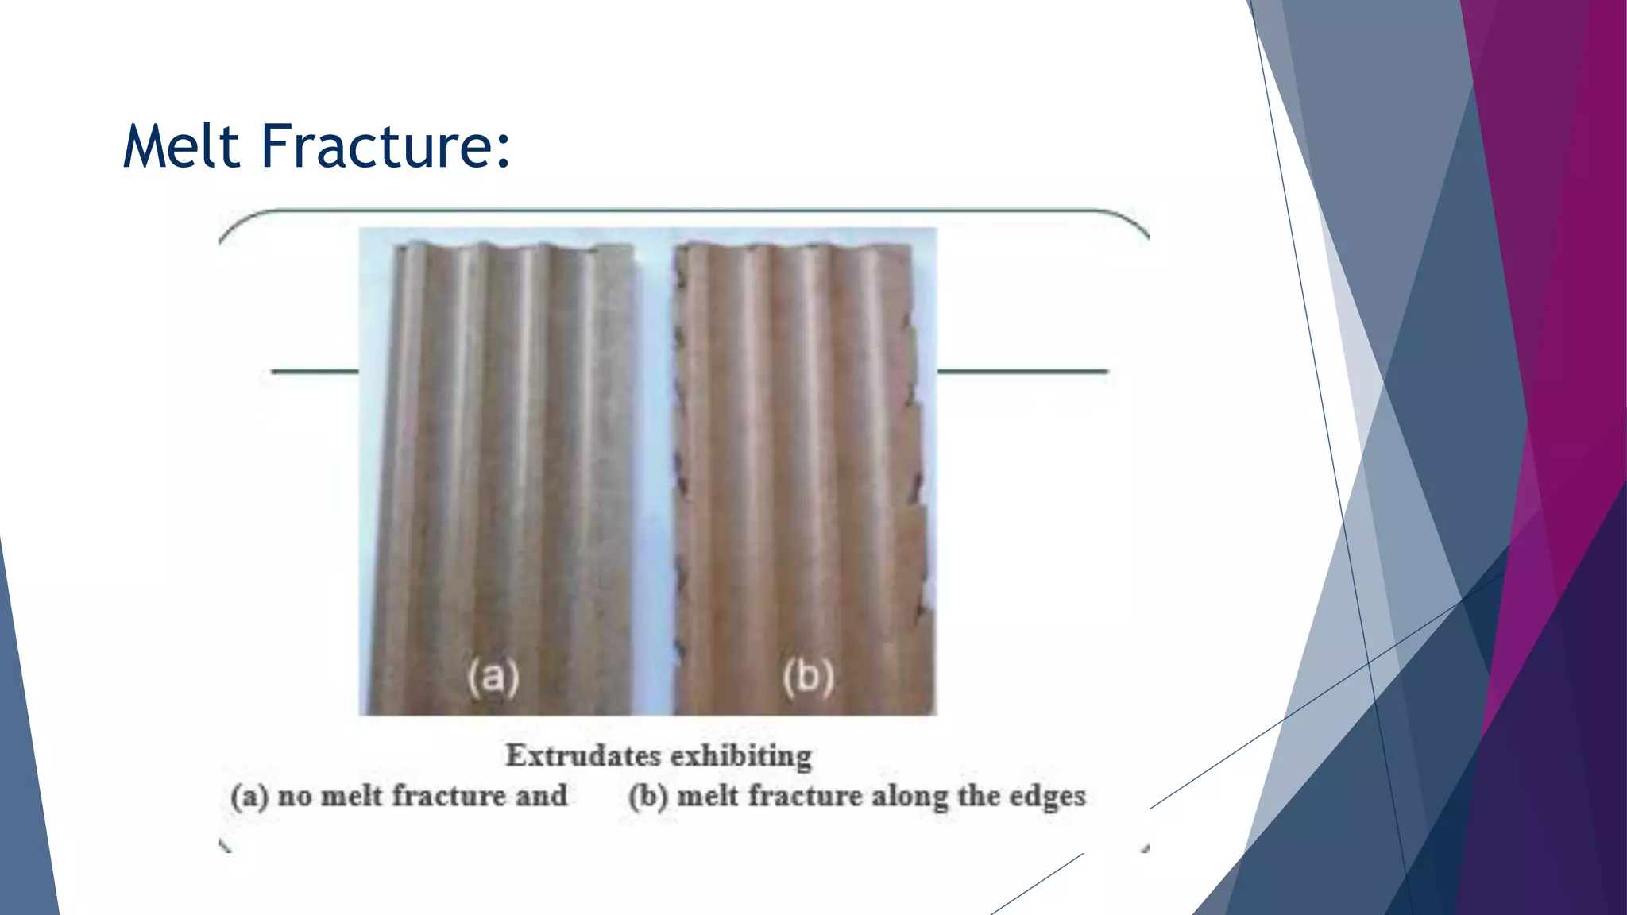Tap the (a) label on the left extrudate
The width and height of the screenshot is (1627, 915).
493,677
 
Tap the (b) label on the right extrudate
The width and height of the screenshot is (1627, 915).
808,677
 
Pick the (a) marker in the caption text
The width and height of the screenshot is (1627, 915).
249,797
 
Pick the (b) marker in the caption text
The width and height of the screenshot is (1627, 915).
648,797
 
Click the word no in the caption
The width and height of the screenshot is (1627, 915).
294,797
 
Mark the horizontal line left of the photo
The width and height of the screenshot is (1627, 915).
315,371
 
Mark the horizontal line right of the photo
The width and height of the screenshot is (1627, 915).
1022,371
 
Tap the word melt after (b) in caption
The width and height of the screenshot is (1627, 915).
708,797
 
